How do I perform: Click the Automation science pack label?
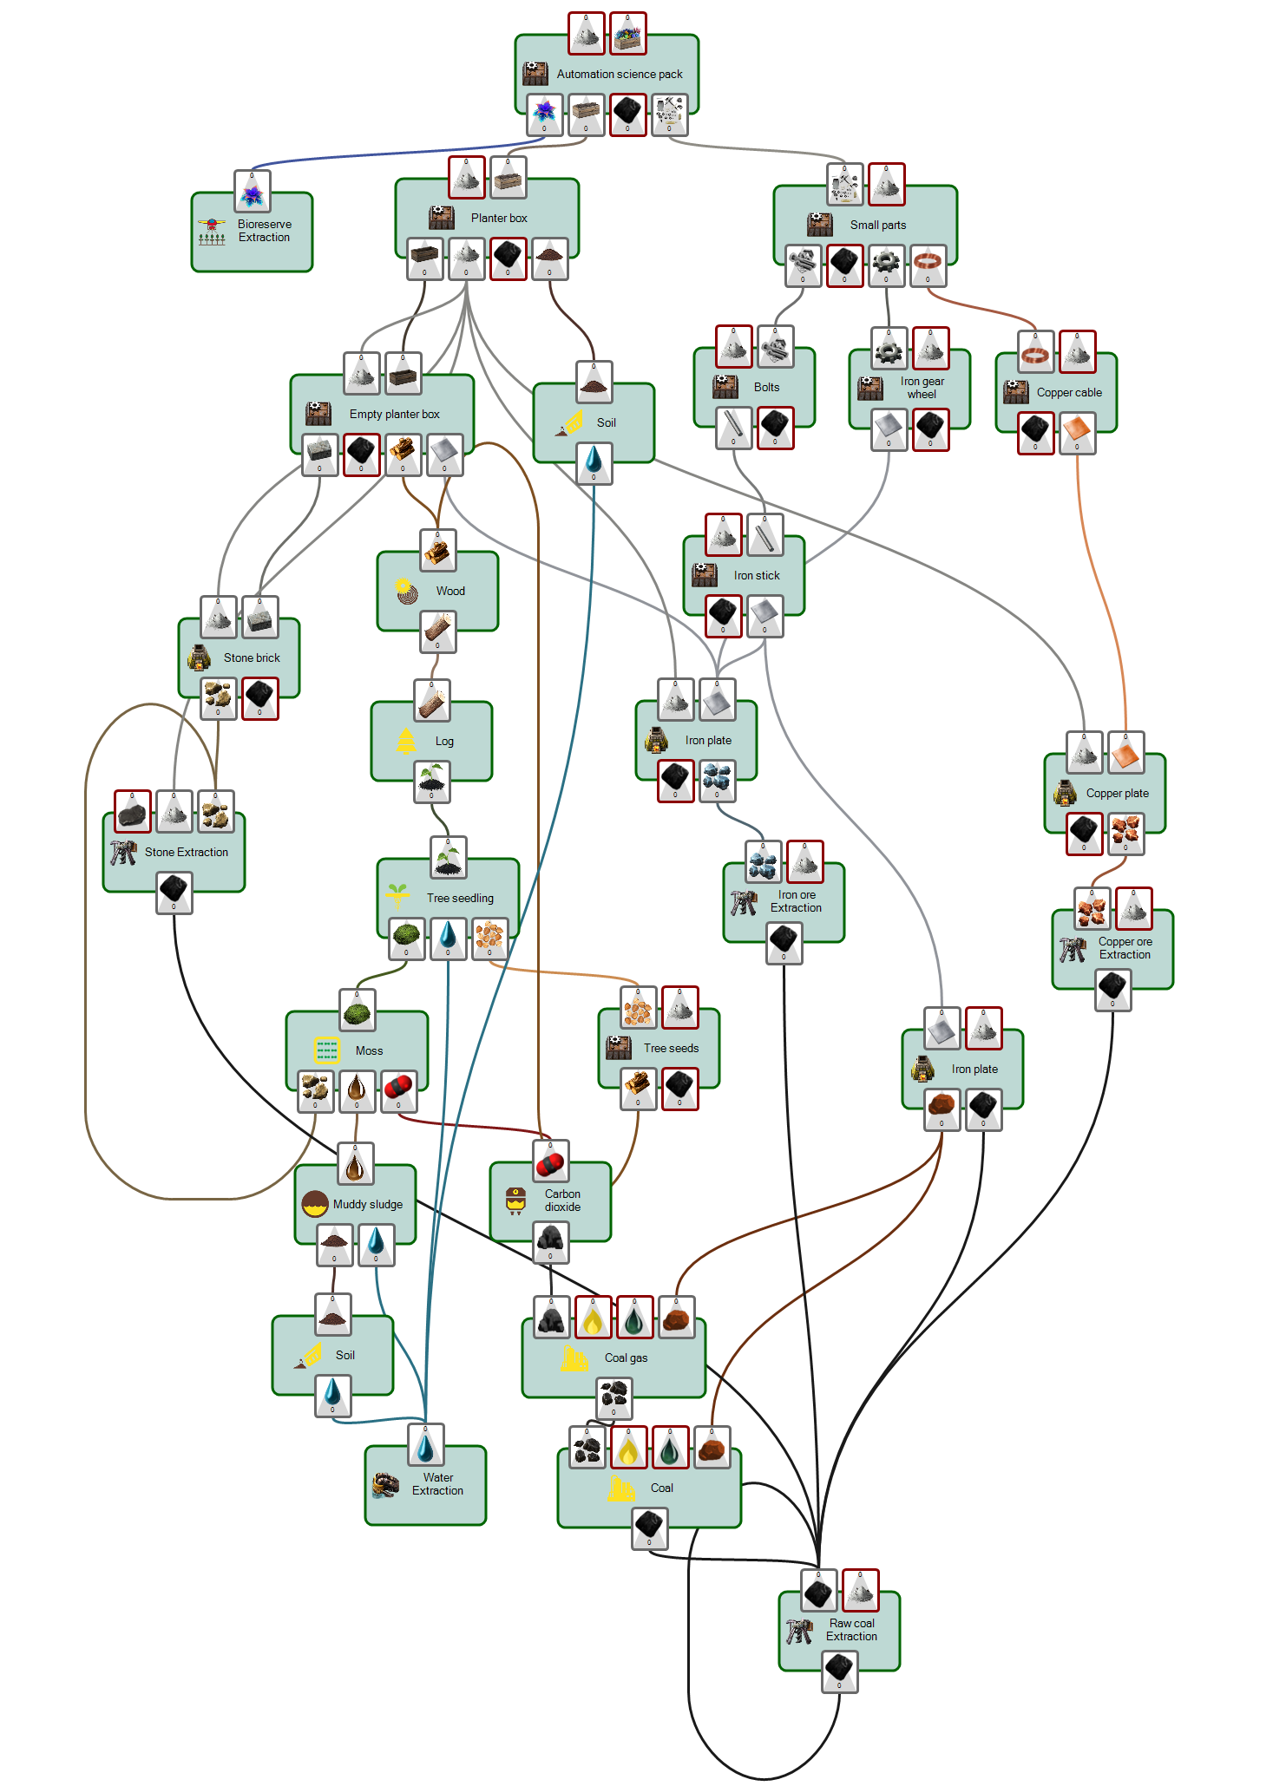click(619, 75)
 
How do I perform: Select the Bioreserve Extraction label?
click(264, 231)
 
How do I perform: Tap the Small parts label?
click(877, 226)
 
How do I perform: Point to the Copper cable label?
click(1068, 393)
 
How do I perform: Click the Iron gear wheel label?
click(922, 388)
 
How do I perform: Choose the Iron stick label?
click(756, 576)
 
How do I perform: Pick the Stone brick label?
click(252, 658)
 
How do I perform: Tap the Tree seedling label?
click(460, 899)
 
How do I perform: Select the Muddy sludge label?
click(367, 1205)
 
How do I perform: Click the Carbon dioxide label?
click(562, 1200)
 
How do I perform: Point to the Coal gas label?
click(626, 1358)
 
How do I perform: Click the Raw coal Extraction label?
click(851, 1630)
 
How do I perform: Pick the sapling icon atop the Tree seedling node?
click(448, 858)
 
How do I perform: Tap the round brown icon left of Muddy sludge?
click(314, 1204)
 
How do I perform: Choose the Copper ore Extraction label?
click(1125, 948)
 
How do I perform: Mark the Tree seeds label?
click(671, 1049)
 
